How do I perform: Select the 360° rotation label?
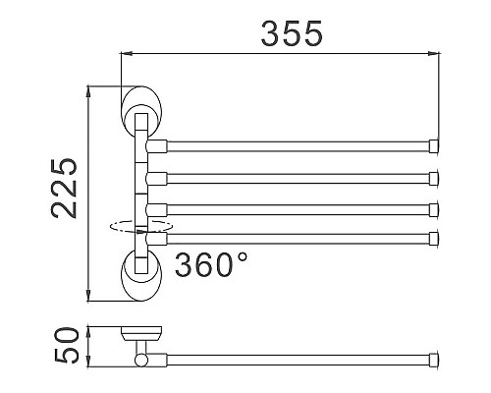[x=212, y=264]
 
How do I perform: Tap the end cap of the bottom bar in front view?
[x=433, y=237]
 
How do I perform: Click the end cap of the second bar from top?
[x=433, y=179]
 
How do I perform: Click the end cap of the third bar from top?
[x=433, y=208]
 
